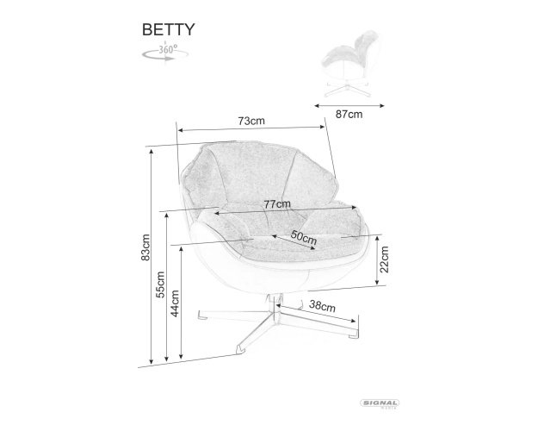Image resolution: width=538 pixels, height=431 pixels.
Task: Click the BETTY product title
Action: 168,29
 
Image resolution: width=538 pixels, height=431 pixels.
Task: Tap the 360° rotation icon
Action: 165,53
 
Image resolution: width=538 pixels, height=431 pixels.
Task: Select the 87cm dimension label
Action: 349,114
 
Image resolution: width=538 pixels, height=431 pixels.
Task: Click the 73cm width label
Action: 251,121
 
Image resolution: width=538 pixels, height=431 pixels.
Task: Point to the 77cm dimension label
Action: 277,204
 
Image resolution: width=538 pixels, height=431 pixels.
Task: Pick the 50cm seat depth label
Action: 304,236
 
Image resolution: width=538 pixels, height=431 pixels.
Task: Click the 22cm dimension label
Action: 385,259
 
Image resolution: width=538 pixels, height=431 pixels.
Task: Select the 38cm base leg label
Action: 322,305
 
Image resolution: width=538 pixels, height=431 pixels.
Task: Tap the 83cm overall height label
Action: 145,247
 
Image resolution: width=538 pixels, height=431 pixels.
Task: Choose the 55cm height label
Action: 160,284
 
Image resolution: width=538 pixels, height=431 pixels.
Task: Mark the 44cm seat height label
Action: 175,303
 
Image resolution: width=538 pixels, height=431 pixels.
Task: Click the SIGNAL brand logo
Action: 380,403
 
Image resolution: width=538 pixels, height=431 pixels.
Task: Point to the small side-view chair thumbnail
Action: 349,64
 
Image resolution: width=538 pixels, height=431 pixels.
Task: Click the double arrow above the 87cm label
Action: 349,106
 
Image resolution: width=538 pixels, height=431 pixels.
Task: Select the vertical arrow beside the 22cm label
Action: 377,260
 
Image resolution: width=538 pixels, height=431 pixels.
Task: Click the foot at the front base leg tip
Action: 240,350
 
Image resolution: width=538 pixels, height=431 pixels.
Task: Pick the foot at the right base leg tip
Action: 354,335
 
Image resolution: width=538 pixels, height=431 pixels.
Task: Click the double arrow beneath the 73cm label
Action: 251,128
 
